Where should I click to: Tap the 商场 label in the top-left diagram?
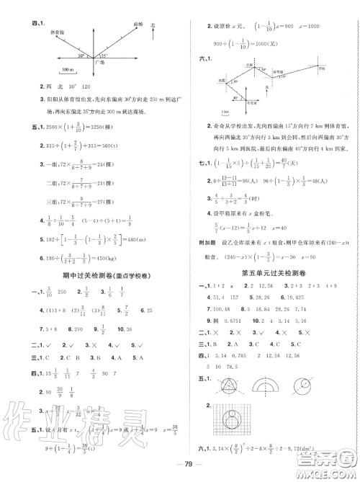coord(139,24)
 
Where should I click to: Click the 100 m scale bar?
coord(70,70)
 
